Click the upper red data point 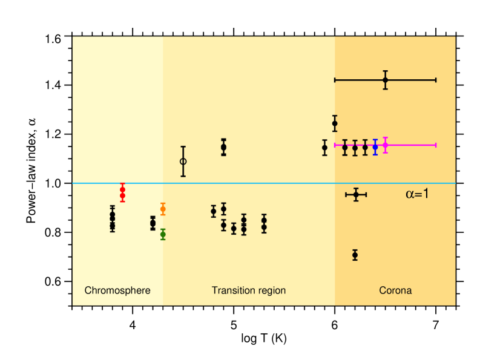122,189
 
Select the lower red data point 122,196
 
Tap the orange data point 163,209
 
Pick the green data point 163,234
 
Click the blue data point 375,147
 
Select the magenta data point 386,145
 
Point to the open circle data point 183,162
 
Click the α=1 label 417,194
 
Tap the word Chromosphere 117,290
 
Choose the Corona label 395,290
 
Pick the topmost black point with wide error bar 386,80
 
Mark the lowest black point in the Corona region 355,255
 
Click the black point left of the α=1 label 356,194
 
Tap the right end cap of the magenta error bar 436,145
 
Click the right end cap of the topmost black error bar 436,80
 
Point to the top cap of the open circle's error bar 183,146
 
